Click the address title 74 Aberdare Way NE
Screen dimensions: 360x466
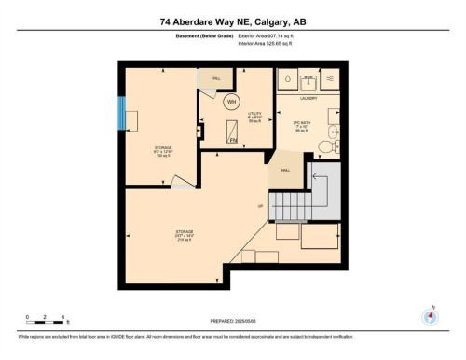[x=232, y=21]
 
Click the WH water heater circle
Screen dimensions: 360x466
[x=231, y=101]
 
